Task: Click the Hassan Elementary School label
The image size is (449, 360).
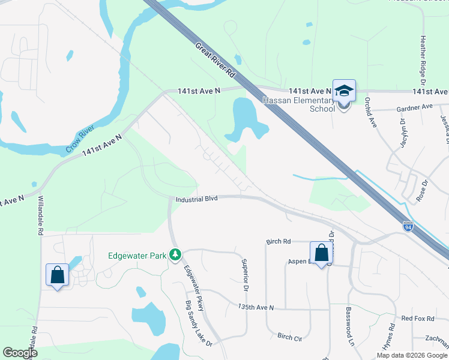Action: point(298,104)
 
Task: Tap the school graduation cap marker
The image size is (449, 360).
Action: point(344,91)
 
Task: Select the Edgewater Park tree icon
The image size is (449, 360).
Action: point(175,256)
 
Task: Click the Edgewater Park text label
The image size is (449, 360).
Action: point(137,256)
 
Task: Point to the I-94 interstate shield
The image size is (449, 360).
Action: point(408,226)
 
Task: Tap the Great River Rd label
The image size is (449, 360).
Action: point(214,60)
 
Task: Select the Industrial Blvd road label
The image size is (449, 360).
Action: point(196,199)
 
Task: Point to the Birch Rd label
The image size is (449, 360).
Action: point(279,241)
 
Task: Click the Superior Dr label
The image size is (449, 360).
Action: point(245,272)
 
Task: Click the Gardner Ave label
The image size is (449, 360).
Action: point(414,107)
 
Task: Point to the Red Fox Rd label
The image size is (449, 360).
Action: point(417,318)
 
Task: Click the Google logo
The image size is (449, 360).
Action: point(20,353)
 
